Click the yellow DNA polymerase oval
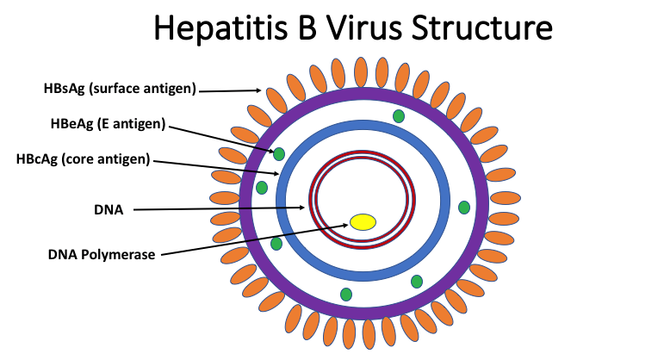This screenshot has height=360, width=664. (x=363, y=221)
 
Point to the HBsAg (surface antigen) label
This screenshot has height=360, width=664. (x=121, y=88)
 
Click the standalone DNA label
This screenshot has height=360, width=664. (x=108, y=208)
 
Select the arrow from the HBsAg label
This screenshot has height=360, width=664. (x=232, y=90)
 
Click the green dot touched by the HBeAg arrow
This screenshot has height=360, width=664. (x=278, y=155)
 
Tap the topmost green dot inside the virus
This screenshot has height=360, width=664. (x=398, y=116)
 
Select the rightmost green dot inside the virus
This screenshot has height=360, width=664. (x=464, y=207)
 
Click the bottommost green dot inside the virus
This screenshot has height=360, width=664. (x=346, y=295)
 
